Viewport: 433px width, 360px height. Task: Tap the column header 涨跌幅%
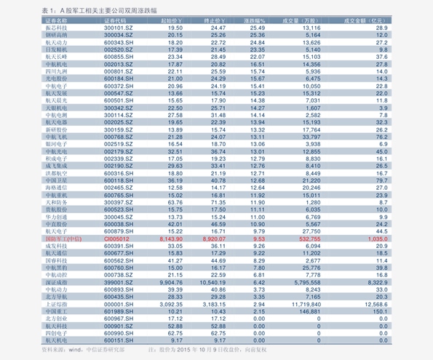point(254,20)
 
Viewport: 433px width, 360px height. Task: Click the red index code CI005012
point(116,238)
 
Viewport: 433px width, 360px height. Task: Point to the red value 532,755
point(309,238)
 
